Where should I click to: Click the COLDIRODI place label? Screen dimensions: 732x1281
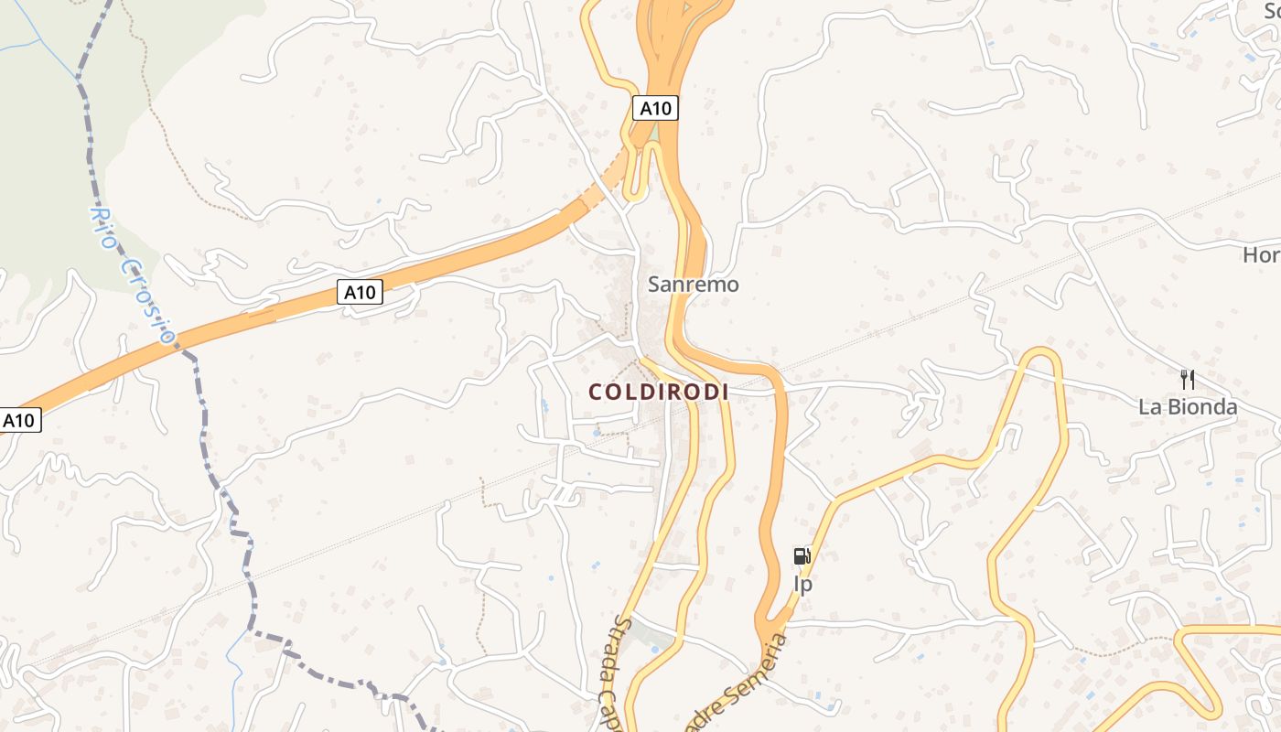click(659, 392)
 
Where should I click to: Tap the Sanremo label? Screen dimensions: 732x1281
click(693, 284)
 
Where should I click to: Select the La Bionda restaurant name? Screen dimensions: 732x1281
click(1188, 407)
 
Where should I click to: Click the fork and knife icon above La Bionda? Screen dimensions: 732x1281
click(1187, 379)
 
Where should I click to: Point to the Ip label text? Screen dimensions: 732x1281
click(802, 584)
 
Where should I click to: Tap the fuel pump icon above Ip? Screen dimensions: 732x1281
click(802, 556)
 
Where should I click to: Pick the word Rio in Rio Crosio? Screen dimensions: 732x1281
click(102, 226)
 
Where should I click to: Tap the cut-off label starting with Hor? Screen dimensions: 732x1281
click(1263, 254)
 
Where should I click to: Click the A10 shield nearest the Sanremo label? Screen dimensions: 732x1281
click(655, 108)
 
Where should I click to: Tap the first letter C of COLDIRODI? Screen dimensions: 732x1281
click(596, 393)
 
